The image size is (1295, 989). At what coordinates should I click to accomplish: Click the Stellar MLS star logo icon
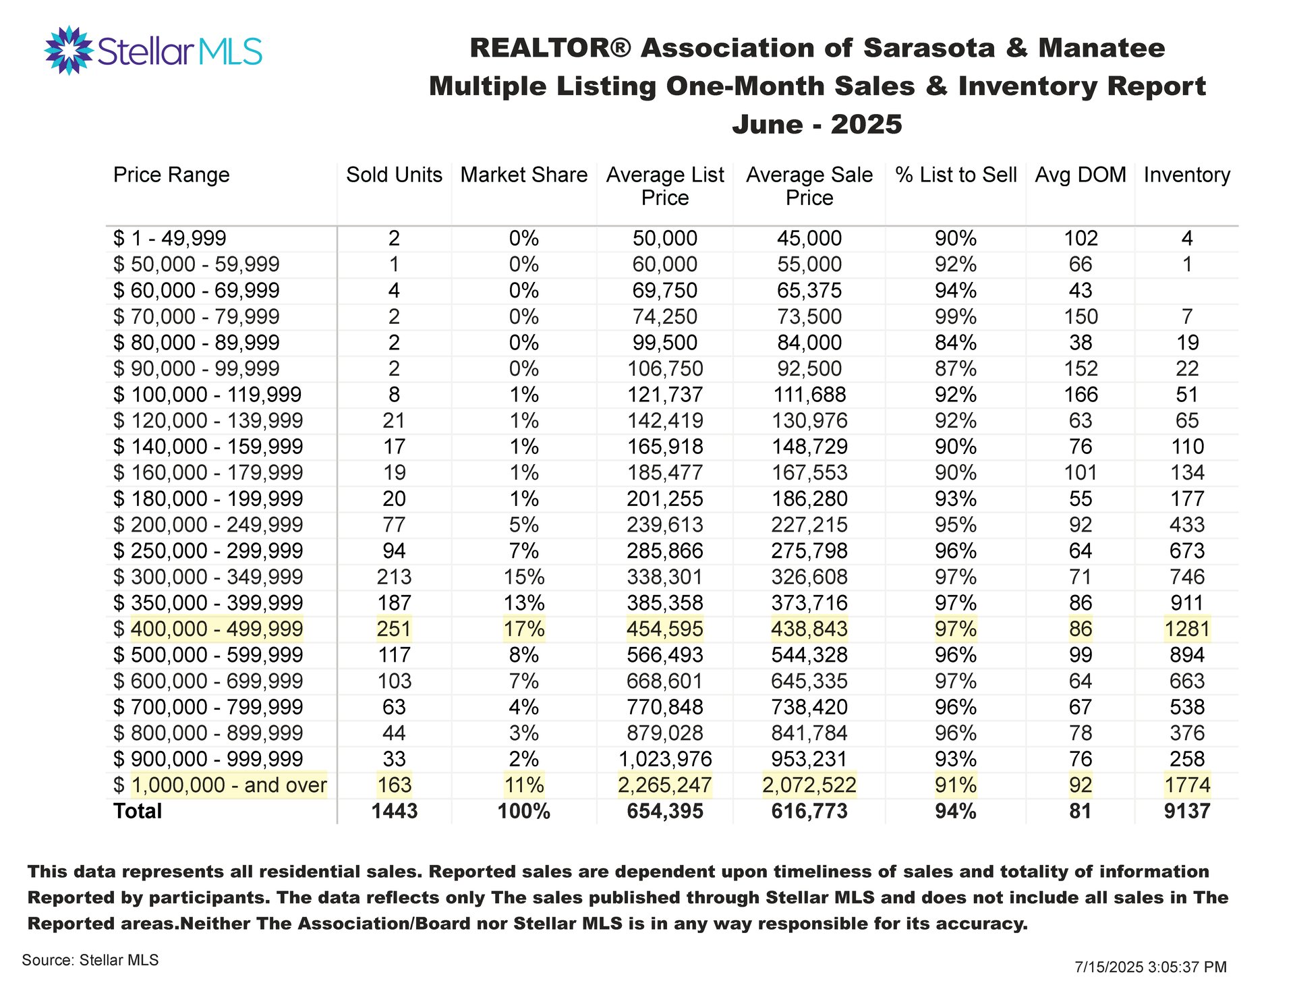68,50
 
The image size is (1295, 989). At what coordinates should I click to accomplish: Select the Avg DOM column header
1081,175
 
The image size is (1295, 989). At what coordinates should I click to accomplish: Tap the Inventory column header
1187,175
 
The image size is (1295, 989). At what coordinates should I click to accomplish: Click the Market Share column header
524,175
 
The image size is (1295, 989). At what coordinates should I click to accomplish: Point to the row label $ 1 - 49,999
170,238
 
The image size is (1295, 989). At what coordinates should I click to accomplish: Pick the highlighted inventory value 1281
1187,629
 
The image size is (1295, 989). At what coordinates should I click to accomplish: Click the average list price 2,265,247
665,785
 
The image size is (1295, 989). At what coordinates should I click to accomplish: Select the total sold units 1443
395,811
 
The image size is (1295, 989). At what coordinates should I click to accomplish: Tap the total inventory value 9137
1187,811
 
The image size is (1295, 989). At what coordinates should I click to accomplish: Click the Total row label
138,811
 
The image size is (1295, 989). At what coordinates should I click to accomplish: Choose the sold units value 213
395,577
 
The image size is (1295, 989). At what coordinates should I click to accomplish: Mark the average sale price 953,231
809,759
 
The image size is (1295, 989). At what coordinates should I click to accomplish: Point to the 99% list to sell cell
956,316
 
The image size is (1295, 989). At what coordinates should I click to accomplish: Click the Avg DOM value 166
1081,395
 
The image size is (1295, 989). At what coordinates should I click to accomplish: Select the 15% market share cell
524,577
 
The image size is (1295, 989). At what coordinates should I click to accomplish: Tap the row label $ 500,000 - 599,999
208,655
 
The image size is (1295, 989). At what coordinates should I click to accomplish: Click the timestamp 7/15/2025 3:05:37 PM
1151,967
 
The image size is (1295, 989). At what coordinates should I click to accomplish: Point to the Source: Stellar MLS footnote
90,960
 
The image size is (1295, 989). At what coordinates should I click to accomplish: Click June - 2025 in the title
817,124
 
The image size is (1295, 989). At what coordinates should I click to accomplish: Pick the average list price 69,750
665,291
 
